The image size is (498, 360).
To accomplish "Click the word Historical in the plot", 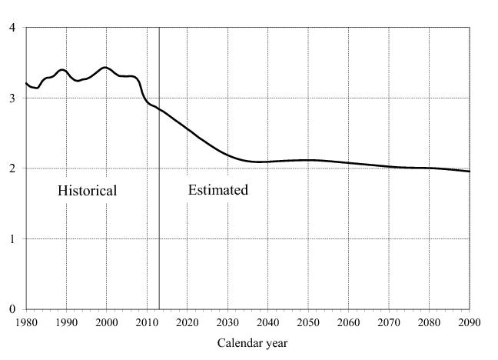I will click(x=87, y=191).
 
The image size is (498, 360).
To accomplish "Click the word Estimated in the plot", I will click(x=218, y=190).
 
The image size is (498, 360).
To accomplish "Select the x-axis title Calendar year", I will click(x=252, y=343).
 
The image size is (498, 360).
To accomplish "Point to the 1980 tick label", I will click(x=26, y=322).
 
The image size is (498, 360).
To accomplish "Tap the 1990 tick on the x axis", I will click(x=66, y=322).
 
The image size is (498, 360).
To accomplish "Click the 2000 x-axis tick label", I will click(x=107, y=322).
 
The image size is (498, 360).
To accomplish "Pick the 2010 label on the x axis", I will click(x=147, y=322).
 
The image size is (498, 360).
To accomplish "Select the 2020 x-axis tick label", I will click(x=188, y=322).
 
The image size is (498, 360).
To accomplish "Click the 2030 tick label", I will click(x=227, y=322).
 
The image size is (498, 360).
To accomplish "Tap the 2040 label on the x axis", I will click(x=267, y=322).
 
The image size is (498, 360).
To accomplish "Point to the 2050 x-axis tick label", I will click(x=308, y=322).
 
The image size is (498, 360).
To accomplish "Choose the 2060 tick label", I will click(x=348, y=322).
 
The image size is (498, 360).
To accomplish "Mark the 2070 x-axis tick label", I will click(x=389, y=322).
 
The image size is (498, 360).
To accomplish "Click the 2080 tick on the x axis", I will click(x=429, y=322).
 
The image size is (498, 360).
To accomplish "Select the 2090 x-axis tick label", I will click(x=469, y=322).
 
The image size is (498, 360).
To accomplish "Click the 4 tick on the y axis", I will click(x=12, y=28).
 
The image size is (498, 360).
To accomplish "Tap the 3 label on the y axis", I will click(x=12, y=98).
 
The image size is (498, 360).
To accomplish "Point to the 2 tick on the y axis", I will click(x=12, y=168).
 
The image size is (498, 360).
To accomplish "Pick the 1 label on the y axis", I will click(x=12, y=239).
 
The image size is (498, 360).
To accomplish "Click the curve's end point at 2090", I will click(x=469, y=172).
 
